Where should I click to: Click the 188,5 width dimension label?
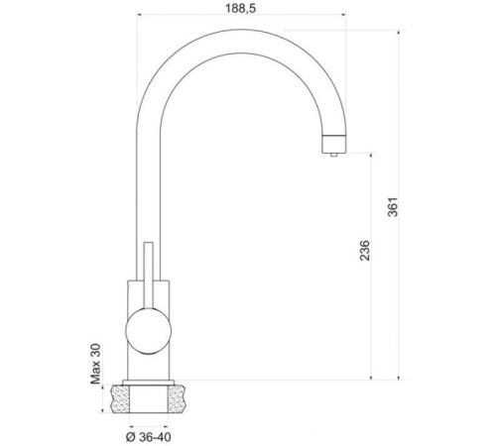241,8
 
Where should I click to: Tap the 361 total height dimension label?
393,207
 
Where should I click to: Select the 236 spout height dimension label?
365,251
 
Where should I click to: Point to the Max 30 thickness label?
95,364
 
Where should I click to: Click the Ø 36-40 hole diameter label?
149,437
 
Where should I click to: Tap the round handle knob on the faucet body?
148,331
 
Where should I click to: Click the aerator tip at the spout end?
334,144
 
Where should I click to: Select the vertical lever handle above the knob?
149,276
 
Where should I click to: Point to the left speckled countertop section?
119,398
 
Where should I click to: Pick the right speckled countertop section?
178,398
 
